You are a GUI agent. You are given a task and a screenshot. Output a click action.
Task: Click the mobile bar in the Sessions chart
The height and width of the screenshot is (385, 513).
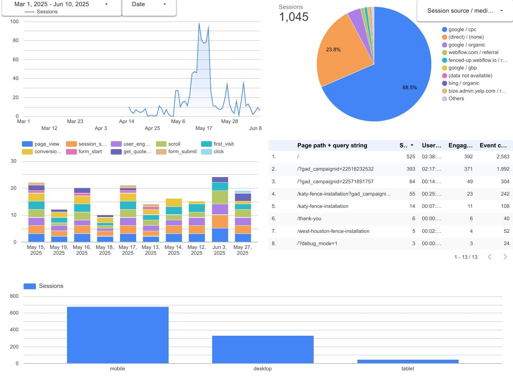118,335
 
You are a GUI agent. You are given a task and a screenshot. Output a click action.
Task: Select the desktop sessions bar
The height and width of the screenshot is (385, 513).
263,349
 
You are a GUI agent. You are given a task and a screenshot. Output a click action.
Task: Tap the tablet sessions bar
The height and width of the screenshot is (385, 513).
408,361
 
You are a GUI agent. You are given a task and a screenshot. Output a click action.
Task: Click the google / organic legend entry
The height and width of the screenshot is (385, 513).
466,45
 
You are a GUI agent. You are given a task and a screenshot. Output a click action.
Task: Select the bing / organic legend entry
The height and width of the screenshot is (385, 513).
464,83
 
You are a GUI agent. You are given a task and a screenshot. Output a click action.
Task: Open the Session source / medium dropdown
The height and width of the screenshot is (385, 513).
465,11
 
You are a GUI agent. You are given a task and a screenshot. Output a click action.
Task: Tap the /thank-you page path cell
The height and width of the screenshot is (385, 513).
309,218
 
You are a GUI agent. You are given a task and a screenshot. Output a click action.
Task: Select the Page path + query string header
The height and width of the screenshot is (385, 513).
332,145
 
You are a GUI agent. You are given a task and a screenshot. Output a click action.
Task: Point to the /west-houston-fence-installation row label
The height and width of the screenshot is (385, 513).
333,231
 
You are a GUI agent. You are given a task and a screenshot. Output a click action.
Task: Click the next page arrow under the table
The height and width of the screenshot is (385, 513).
505,257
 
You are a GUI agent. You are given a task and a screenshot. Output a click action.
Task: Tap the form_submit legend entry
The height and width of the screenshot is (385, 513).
182,151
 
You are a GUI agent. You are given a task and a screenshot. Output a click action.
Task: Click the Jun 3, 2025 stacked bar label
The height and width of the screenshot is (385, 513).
220,250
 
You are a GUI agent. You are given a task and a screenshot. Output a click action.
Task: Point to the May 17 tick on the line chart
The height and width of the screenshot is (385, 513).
204,128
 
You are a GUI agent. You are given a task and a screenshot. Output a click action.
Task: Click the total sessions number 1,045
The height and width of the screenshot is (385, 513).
294,17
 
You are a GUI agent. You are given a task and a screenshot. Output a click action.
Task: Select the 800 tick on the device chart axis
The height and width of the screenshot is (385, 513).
14,296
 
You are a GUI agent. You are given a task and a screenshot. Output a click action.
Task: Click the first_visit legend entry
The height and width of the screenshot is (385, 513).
223,144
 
